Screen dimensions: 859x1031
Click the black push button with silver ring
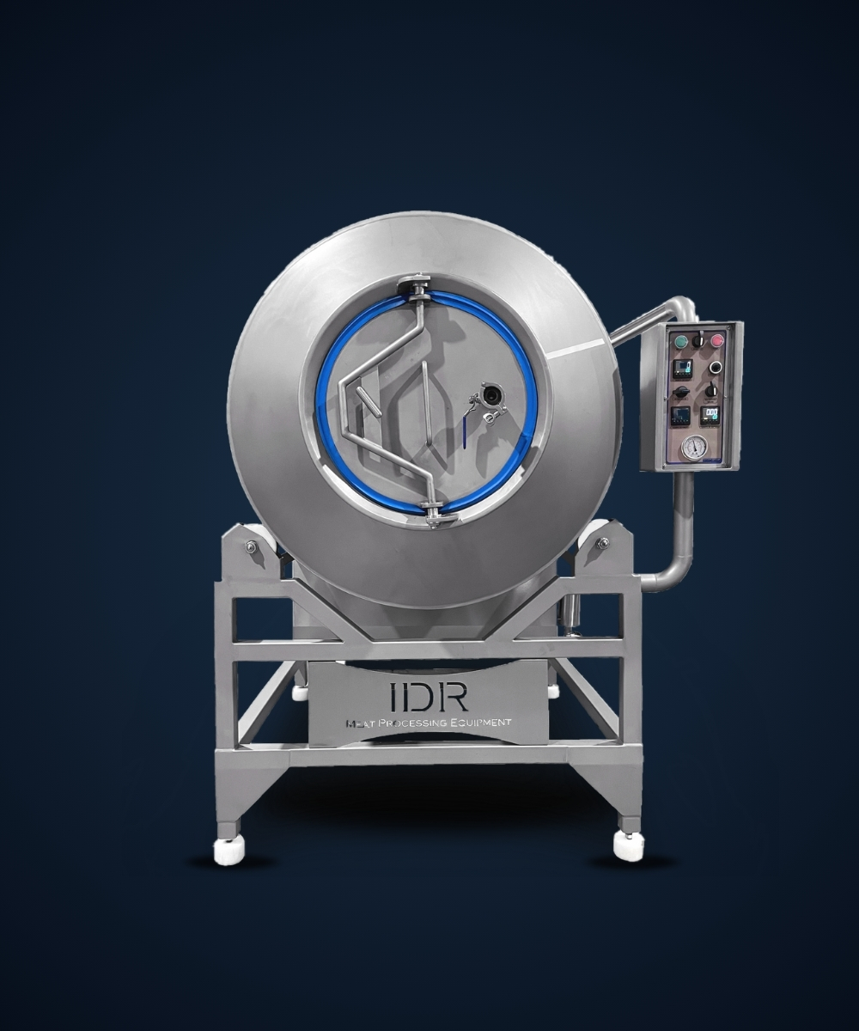(715, 367)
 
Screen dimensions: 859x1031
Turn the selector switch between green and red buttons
(698, 341)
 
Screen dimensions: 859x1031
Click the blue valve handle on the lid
(465, 433)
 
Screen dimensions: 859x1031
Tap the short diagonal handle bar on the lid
(369, 401)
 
